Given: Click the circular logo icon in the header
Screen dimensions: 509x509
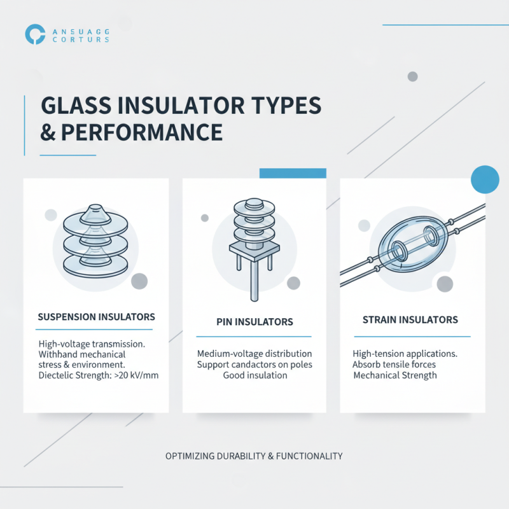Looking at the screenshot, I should [x=35, y=34].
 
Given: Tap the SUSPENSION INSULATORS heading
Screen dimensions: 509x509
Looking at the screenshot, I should [x=96, y=316].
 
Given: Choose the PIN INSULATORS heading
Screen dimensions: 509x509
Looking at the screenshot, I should [x=254, y=322].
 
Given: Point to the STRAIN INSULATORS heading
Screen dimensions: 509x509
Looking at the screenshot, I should [x=410, y=319].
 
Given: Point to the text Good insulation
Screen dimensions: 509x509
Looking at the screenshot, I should [x=254, y=375].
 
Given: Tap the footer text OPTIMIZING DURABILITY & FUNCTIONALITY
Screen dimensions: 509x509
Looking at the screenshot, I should [x=254, y=456].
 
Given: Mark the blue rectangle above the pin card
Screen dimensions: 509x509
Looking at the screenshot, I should [x=293, y=173].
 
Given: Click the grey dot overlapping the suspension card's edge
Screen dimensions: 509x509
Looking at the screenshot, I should [x=139, y=281].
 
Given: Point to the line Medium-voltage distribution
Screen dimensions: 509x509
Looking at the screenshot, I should [x=254, y=354].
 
